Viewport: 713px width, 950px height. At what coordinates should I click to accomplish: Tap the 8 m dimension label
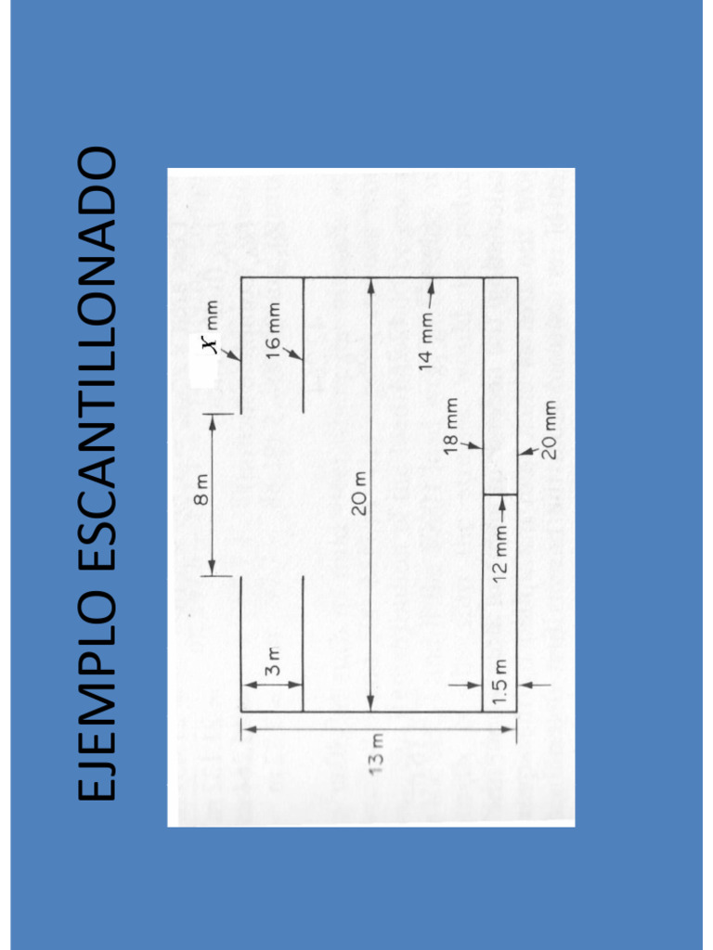tap(202, 488)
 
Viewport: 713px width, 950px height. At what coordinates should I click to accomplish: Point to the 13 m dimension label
tap(378, 753)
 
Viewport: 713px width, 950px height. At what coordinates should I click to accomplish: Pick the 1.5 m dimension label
tap(500, 683)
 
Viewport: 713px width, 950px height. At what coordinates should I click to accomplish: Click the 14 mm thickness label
tap(426, 342)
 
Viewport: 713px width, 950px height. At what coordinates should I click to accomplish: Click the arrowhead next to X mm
tap(235, 355)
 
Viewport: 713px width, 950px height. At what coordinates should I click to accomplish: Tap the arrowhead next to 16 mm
tap(296, 355)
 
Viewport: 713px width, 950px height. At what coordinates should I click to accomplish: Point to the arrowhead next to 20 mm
tap(525, 452)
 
